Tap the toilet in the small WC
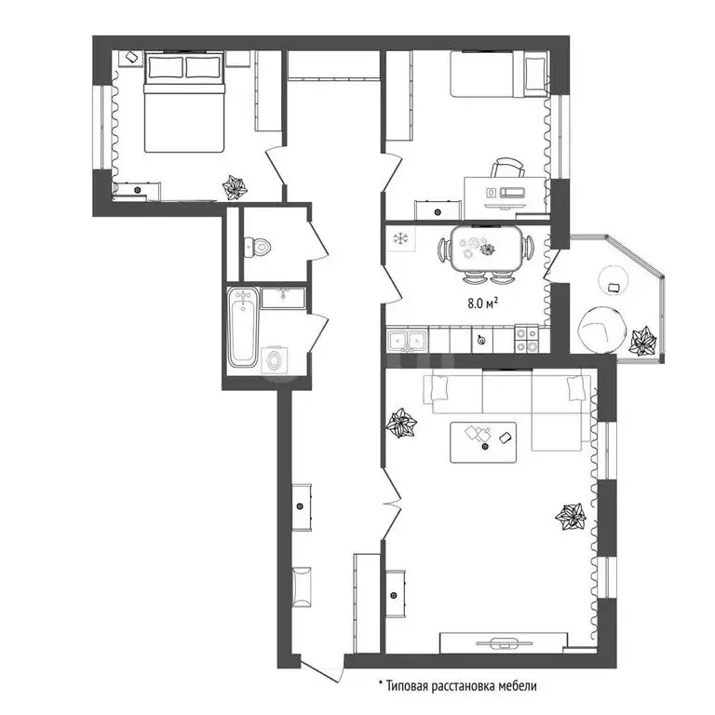point(258,248)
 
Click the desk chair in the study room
point(507,169)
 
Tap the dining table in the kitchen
point(487,250)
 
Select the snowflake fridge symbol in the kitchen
point(401,239)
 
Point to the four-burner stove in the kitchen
point(527,341)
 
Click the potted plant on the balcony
point(642,341)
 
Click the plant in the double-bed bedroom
point(236,187)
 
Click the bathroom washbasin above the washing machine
point(277,298)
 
